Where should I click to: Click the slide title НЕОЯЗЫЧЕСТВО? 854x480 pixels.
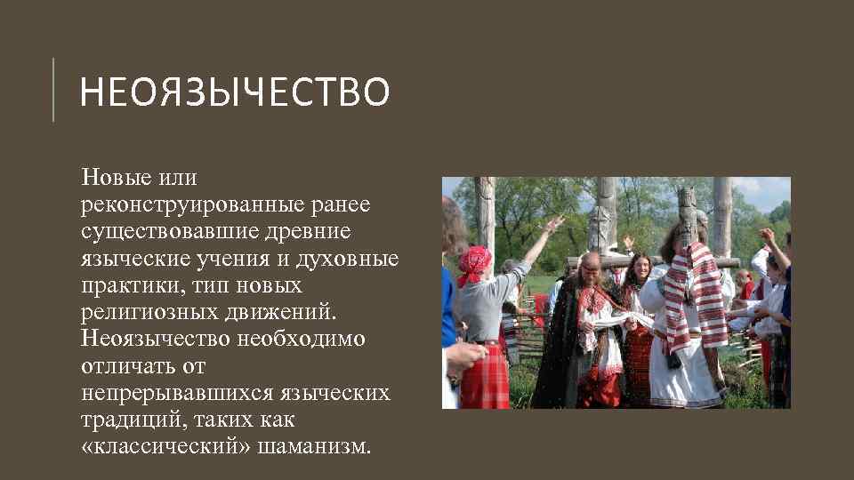pyautogui.click(x=234, y=92)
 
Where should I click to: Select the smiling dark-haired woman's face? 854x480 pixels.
pyautogui.click(x=638, y=266)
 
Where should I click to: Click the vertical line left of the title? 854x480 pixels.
pyautogui.click(x=53, y=89)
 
